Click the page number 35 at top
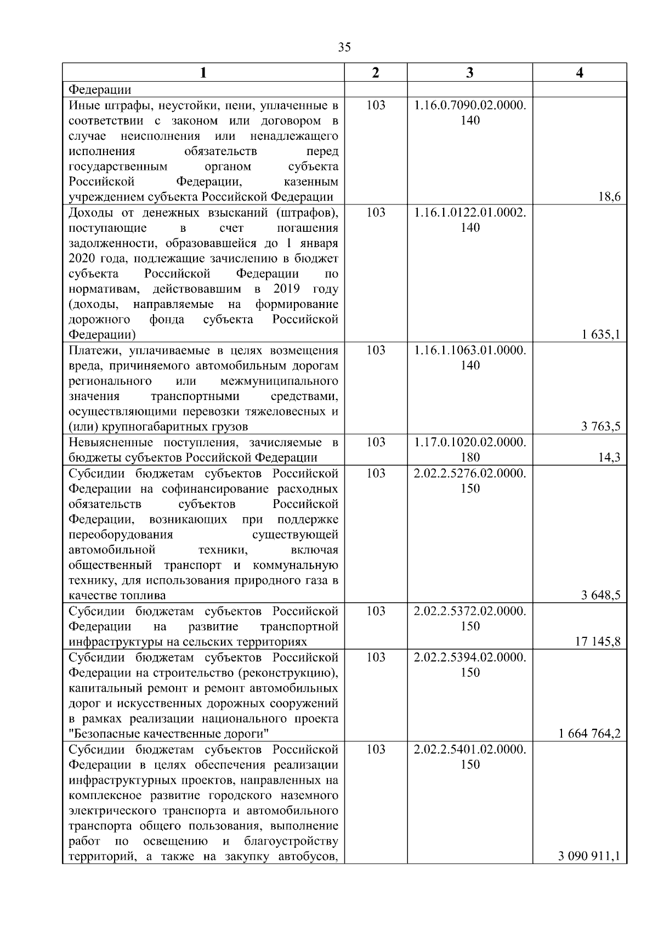pos(344,47)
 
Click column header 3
pos(469,73)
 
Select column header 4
pos(580,73)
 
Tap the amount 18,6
pos(609,197)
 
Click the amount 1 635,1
pos(601,335)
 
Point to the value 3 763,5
pos(601,427)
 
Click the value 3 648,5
pos(601,596)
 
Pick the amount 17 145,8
pos(598,642)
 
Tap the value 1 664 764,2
pos(590,734)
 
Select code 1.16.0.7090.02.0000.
pos(470,105)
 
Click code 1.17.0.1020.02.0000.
pos(470,442)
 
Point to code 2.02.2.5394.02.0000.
pos(470,657)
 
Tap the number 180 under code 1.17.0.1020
pos(470,458)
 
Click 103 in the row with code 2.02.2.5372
pos(376,611)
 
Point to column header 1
pos(203,73)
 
